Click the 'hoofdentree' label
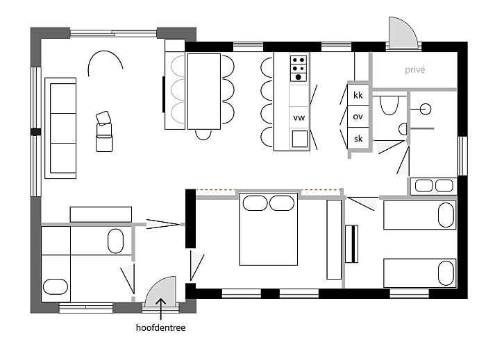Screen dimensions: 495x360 [160, 327]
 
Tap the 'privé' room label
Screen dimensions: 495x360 [414, 70]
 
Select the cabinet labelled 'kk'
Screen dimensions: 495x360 [358, 95]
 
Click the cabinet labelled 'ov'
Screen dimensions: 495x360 [358, 117]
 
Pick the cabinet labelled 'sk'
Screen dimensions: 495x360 [358, 138]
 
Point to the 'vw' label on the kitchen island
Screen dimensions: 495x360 [299, 118]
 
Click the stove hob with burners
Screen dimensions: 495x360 [299, 69]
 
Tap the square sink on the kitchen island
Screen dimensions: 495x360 [300, 139]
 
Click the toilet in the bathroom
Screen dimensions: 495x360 [389, 105]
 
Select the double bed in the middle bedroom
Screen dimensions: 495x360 [269, 229]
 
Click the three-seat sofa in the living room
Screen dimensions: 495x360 [60, 128]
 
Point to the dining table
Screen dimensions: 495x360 [204, 91]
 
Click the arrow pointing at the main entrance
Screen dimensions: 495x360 [160, 309]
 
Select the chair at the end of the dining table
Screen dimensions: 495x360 [203, 135]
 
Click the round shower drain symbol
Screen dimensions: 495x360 [426, 109]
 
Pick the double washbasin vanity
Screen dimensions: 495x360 [434, 185]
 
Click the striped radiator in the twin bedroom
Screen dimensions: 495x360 [351, 243]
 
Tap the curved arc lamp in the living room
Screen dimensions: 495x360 [105, 57]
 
